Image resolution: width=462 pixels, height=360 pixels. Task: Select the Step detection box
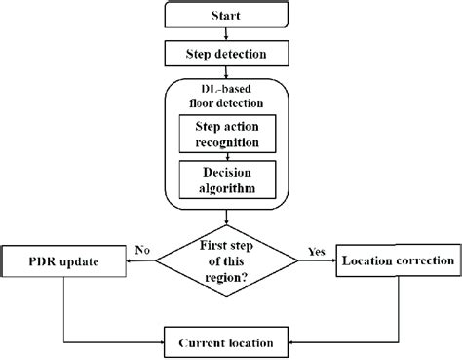tap(226, 52)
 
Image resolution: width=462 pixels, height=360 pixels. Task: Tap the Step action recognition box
tap(226, 135)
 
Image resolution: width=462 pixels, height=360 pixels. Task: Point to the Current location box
tap(226, 342)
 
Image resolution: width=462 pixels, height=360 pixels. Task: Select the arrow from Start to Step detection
tap(226, 34)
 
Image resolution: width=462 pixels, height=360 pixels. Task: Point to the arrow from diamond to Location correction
tap(320, 262)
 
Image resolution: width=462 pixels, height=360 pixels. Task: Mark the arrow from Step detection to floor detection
tap(226, 70)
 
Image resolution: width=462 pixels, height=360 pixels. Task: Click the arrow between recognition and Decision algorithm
tap(226, 156)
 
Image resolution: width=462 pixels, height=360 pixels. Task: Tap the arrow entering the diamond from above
tap(226, 220)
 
